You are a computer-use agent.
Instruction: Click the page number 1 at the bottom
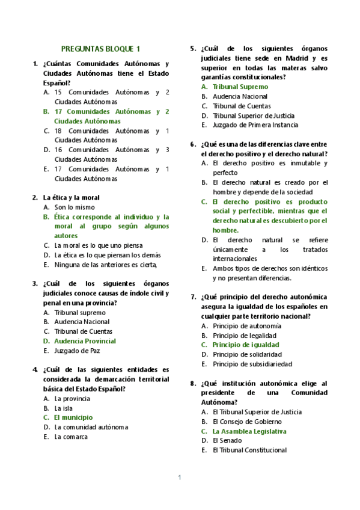[179, 478]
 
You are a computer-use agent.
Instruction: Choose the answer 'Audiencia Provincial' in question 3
[85, 341]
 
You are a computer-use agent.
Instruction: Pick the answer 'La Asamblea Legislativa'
[249, 431]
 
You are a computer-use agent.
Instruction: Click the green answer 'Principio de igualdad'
[246, 345]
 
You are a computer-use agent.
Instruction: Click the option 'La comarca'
[71, 437]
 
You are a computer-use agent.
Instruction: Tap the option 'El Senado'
[227, 440]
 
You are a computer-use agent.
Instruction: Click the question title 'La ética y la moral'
[72, 197]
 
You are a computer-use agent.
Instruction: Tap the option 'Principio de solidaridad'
[247, 354]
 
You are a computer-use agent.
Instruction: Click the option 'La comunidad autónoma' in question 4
[91, 427]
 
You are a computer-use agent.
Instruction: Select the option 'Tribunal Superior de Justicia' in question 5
[254, 115]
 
